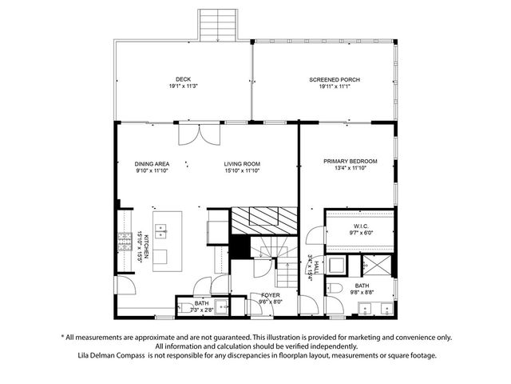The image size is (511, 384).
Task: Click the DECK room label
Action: click(184, 79)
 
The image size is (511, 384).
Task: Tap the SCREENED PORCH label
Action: click(335, 80)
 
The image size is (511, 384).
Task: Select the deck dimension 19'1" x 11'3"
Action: click(184, 86)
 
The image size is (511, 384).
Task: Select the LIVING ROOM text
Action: click(242, 163)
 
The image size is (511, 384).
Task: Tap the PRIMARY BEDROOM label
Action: click(350, 161)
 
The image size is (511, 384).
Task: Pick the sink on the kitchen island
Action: click(160, 231)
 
